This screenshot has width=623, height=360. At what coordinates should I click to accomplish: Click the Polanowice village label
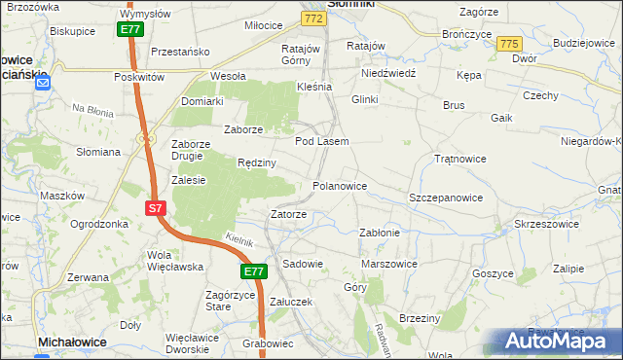coord(339,185)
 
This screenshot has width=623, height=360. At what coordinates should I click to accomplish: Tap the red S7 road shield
coord(156,208)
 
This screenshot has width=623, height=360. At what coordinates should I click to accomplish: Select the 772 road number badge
coord(312,18)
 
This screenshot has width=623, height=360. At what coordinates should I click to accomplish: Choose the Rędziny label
coord(257,162)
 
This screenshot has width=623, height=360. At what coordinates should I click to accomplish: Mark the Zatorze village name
coord(288,214)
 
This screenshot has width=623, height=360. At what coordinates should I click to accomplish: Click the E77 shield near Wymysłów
coord(131,30)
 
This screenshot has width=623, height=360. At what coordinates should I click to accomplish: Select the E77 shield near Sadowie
coord(254,272)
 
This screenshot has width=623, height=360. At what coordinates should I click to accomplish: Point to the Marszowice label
coord(388,264)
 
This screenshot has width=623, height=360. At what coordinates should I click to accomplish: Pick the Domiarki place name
coord(202,100)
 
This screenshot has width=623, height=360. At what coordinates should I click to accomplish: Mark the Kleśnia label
coord(314,86)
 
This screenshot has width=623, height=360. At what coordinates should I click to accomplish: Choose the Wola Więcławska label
coord(173,261)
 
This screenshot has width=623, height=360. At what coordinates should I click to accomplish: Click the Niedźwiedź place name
coord(388,73)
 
